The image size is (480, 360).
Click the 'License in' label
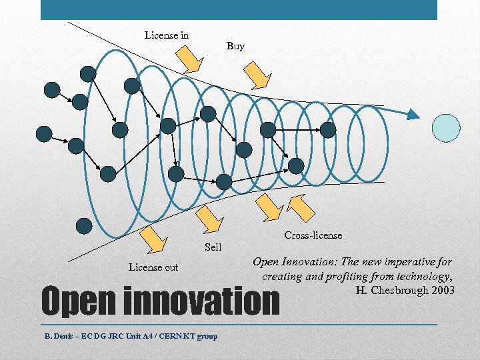pos(167,35)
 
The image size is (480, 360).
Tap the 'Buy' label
pos(235,46)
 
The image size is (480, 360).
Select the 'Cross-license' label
pos(313,235)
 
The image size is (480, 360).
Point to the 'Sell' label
pos(213,247)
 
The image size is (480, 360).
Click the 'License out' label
pos(153,267)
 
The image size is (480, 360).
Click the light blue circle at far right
pos(446,128)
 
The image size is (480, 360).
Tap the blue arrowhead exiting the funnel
pos(413,115)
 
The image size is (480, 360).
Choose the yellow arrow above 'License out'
pos(154,238)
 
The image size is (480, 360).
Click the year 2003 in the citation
pos(442,290)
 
